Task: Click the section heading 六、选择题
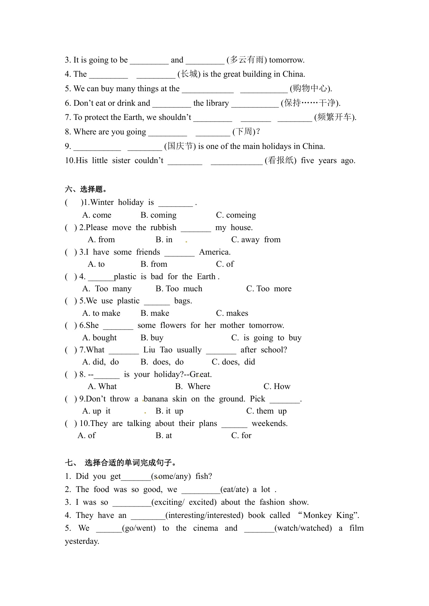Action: click(86, 189)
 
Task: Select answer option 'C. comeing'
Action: click(236, 215)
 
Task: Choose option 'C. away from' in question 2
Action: click(255, 240)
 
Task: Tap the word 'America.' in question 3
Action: click(215, 252)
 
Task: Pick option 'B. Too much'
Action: click(179, 289)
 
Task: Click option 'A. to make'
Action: click(101, 313)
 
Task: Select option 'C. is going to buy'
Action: click(266, 338)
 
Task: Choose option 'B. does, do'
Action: click(162, 362)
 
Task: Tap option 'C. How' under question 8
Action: click(277, 387)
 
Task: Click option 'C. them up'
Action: click(266, 411)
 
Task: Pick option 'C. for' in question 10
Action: click(241, 436)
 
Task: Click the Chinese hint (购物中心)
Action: click(311, 88)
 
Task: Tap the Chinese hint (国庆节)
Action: click(180, 146)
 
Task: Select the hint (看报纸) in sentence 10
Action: click(281, 160)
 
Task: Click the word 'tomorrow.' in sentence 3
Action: click(287, 60)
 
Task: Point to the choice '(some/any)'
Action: click(171, 476)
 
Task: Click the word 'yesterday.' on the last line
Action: click(82, 541)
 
